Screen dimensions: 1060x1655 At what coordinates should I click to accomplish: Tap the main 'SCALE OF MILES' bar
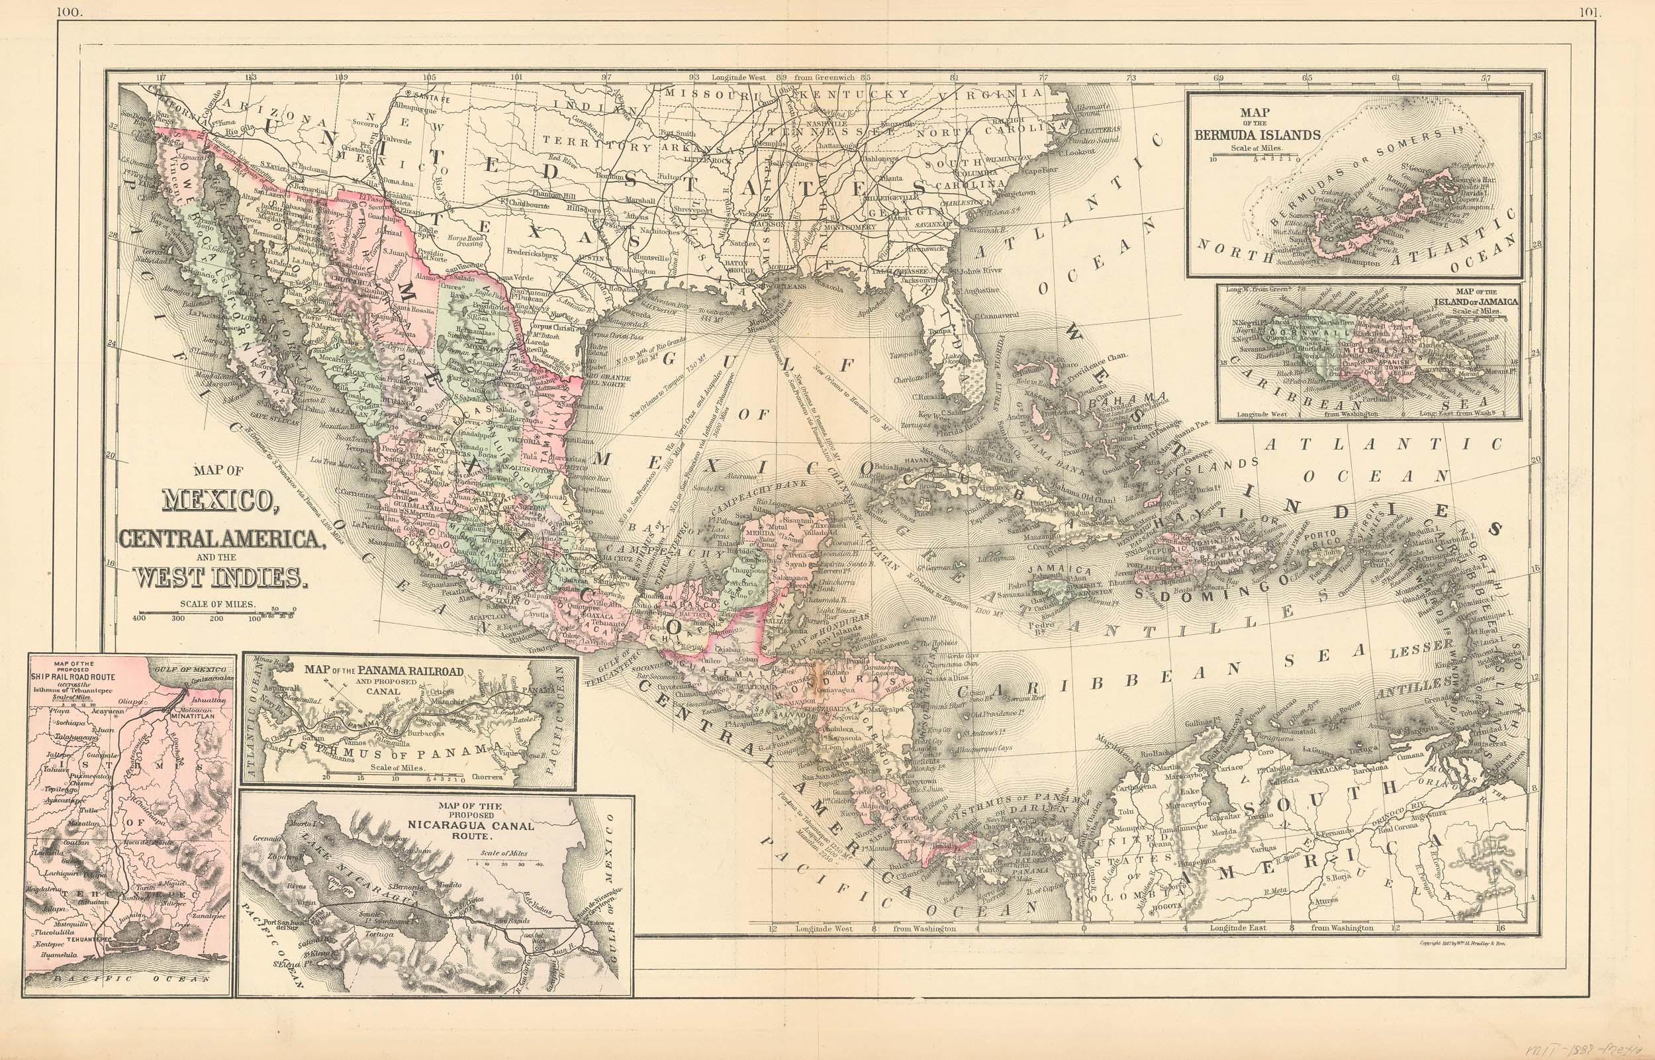(x=216, y=612)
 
